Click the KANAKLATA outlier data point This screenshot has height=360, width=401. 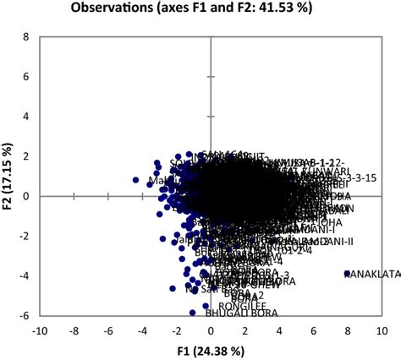pos(347,273)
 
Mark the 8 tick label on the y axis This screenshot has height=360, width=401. pos(26,38)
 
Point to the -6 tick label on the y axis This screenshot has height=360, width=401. pos(25,314)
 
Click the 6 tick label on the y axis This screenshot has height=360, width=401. pos(26,77)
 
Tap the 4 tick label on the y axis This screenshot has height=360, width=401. pos(26,117)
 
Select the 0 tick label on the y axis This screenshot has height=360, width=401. pos(26,195)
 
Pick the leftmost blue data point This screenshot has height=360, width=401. pos(135,180)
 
